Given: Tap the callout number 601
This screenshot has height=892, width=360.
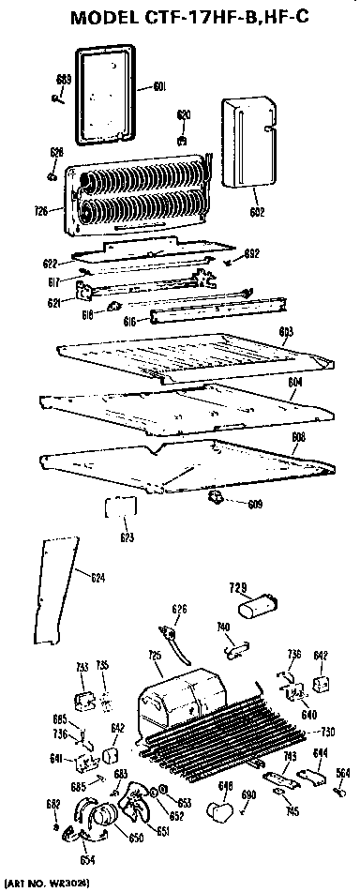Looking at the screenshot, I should [x=158, y=87].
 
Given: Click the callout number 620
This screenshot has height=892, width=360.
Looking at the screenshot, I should [x=184, y=114].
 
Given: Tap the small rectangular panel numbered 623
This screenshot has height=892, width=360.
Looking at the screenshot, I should [x=121, y=510].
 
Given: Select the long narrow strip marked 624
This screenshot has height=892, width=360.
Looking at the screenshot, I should [x=47, y=591].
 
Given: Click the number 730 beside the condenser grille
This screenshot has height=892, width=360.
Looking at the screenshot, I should [x=328, y=732].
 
